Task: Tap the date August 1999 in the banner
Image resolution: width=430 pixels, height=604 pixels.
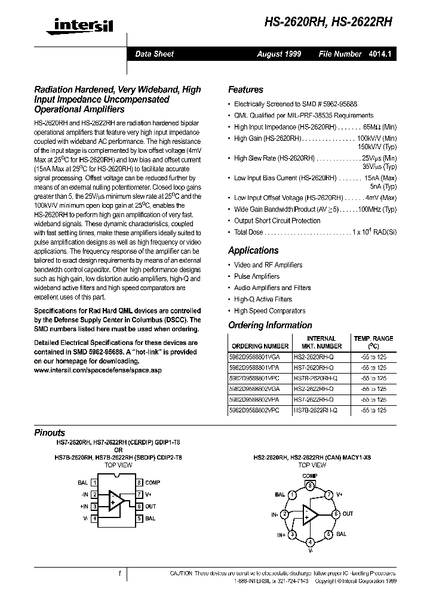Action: pyautogui.click(x=279, y=54)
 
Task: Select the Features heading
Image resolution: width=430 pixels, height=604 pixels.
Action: pyautogui.click(x=245, y=90)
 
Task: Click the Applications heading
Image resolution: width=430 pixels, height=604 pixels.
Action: pyautogui.click(x=253, y=251)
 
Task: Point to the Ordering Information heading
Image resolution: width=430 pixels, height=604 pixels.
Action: pyautogui.click(x=270, y=325)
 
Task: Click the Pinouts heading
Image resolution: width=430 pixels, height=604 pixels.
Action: pyautogui.click(x=50, y=433)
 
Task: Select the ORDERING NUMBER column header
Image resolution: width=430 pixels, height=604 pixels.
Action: pyautogui.click(x=260, y=346)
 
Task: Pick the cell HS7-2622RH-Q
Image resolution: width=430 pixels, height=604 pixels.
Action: pyautogui.click(x=314, y=399)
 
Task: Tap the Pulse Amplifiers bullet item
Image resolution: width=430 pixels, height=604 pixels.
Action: pyautogui.click(x=257, y=276)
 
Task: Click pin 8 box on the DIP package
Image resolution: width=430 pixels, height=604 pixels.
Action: pyautogui.click(x=139, y=482)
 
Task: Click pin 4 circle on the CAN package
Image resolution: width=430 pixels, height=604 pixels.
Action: pyautogui.click(x=310, y=542)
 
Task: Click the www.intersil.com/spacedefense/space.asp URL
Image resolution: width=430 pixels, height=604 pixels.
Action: pyautogui.click(x=94, y=370)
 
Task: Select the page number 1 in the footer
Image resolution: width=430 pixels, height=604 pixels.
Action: pyautogui.click(x=120, y=574)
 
